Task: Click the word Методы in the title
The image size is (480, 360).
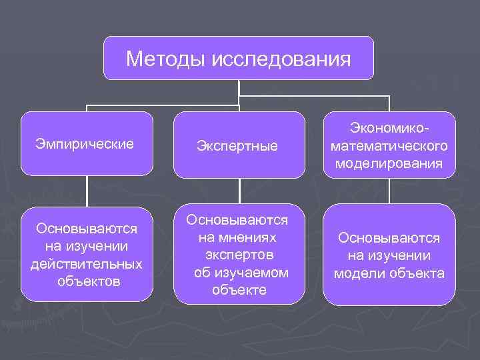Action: (165, 60)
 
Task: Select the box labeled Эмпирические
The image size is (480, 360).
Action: (86, 143)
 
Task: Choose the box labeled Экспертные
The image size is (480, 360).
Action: (238, 145)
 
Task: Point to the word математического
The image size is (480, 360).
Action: (390, 145)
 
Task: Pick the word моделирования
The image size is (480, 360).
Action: (390, 163)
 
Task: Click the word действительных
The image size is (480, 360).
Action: (86, 264)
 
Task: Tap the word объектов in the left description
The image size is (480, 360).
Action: (89, 281)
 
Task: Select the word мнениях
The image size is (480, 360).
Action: (237, 237)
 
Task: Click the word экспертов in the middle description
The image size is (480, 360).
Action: (239, 255)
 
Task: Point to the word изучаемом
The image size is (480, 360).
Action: (241, 272)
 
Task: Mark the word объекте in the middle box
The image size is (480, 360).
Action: (239, 290)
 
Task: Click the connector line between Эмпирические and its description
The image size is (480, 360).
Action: (87, 192)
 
